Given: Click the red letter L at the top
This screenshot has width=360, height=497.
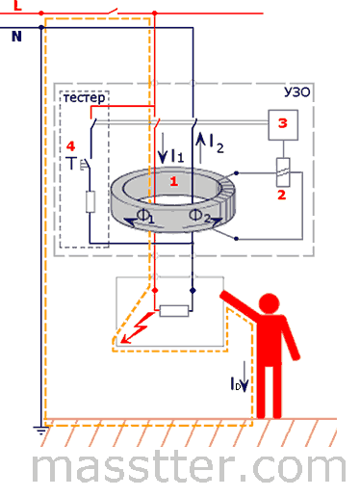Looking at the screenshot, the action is (x=17, y=5).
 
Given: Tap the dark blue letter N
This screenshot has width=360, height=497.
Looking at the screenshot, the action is (x=16, y=37).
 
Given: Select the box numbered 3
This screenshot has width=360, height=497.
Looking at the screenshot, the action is (x=283, y=125).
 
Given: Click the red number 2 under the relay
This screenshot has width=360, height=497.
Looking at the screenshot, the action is (x=281, y=195).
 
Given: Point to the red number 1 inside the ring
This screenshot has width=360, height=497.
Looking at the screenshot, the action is (x=174, y=182).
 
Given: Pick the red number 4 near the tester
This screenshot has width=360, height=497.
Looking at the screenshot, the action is (x=70, y=146).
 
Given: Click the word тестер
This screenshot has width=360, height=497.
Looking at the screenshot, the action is (x=85, y=97).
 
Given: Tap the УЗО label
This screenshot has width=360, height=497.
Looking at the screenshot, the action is (x=296, y=92).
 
